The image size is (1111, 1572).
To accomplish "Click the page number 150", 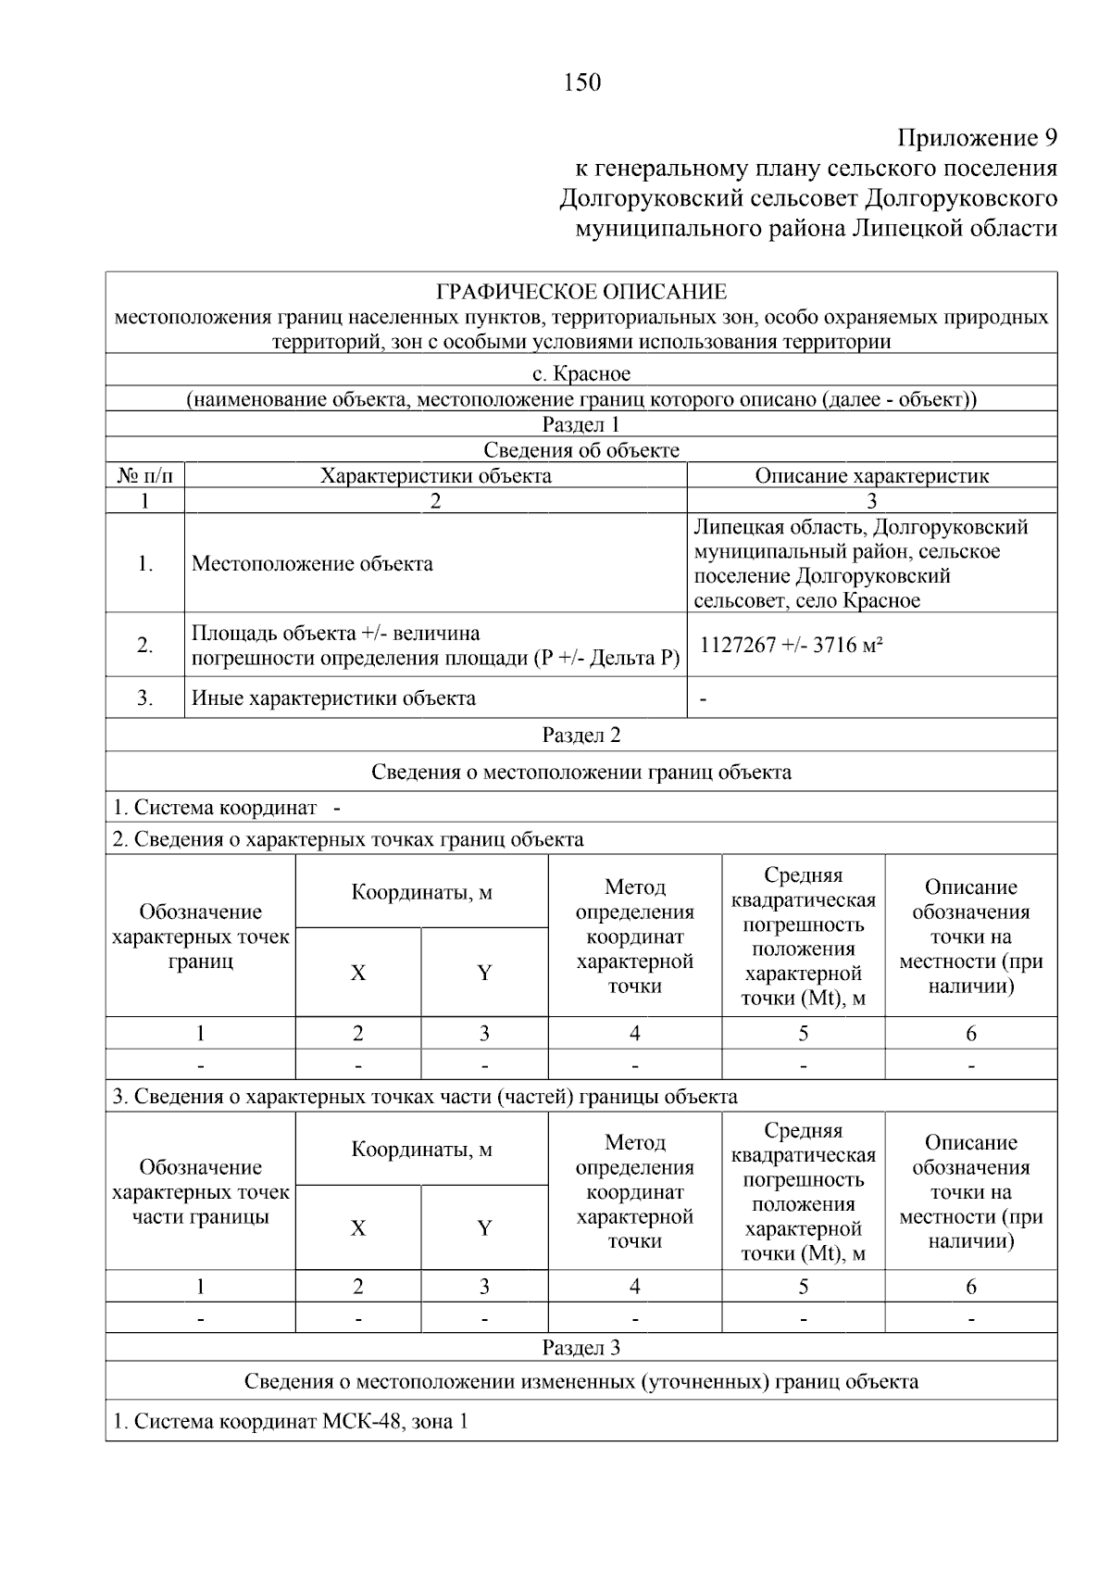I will point(581,82).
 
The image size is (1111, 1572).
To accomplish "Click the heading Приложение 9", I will point(977,138).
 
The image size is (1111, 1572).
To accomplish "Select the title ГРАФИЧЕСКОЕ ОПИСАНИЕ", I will point(581,293).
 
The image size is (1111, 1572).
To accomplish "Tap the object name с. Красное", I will point(581,374).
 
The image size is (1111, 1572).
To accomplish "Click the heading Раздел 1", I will point(580,425).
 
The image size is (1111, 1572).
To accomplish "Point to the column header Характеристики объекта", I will point(435,476).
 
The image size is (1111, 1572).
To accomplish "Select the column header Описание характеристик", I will point(871,476).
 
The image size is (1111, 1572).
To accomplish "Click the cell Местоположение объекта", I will point(312,564).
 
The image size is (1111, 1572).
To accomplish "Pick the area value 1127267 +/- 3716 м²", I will point(791,646).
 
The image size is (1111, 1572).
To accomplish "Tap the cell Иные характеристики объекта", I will point(333,698).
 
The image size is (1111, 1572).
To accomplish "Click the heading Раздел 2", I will point(580,736).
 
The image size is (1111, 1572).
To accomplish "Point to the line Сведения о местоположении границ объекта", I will point(581,773).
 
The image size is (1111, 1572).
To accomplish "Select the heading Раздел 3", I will point(580,1348).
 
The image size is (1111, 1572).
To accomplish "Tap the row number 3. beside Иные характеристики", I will point(145,698).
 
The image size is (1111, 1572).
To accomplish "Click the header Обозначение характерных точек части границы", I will point(200,1192).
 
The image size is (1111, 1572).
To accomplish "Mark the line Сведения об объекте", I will point(581,451).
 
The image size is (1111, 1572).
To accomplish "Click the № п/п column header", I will point(145,476).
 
